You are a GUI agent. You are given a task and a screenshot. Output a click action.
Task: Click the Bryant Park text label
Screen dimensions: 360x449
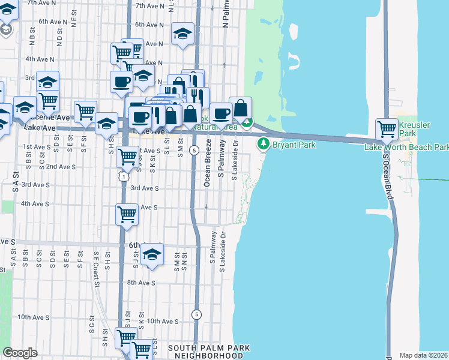point(294,145)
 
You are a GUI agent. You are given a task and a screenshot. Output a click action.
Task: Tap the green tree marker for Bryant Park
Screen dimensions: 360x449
point(263,144)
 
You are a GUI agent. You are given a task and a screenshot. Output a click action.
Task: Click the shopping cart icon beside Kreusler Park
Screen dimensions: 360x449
point(387,128)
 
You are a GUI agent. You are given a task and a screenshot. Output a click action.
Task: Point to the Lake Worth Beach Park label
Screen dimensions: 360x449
point(406,147)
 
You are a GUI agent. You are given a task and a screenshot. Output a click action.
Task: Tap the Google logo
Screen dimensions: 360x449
point(20,353)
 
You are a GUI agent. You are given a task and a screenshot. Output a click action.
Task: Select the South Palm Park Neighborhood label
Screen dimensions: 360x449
point(208,352)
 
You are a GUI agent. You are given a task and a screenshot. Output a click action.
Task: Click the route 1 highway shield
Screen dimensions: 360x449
point(123,177)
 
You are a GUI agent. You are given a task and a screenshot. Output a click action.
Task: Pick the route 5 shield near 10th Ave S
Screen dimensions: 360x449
point(196,314)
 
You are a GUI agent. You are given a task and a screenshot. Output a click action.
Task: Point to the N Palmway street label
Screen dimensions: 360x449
point(226,14)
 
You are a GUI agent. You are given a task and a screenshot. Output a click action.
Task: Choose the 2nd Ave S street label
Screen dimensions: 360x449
point(61,166)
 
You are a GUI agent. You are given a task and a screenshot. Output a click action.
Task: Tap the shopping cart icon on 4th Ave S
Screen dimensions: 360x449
point(127,214)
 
